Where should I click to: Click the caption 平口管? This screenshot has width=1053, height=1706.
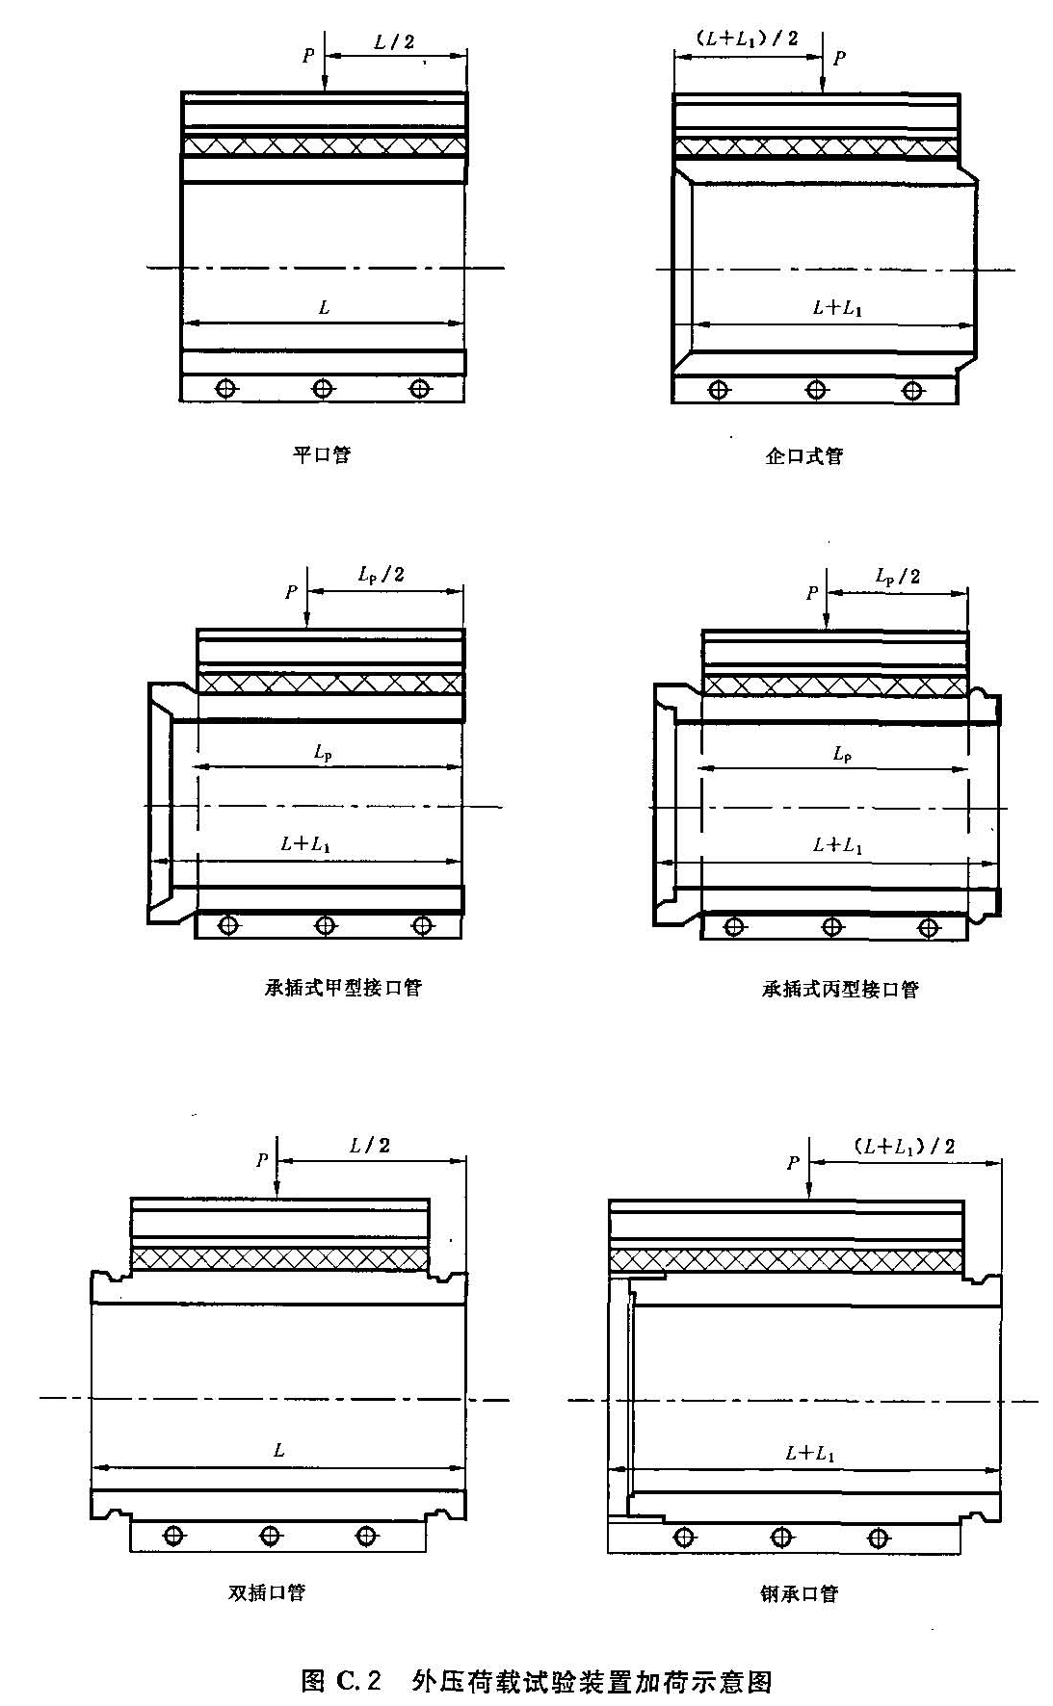point(321,454)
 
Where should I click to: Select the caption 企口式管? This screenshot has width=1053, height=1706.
point(803,455)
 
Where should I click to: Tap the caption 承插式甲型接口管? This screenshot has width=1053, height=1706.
point(343,988)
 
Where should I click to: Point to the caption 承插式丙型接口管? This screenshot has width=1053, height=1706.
point(840,989)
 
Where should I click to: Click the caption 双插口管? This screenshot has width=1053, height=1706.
point(266,1592)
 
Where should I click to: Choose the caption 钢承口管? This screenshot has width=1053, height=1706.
point(799,1593)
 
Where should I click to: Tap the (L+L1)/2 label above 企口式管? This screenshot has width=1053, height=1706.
point(746,39)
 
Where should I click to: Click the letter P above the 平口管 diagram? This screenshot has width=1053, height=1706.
point(308,56)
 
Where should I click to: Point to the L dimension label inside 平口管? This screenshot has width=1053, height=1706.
point(324,308)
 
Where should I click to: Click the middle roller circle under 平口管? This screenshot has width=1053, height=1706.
point(323,388)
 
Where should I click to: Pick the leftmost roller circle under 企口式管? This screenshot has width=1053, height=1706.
point(718,390)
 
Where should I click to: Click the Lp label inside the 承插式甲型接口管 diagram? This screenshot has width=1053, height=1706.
point(324,753)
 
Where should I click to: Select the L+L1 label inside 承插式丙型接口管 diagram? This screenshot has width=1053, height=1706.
point(836,845)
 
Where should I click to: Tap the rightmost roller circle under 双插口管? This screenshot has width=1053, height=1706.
point(365,1536)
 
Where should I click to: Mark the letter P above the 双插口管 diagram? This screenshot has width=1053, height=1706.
point(262,1160)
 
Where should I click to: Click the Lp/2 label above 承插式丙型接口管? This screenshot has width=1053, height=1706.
point(897,576)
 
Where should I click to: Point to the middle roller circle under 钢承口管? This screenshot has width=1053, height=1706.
point(779,1536)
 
